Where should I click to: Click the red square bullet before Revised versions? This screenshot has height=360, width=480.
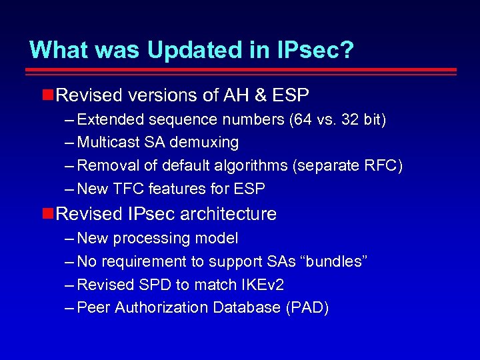47,95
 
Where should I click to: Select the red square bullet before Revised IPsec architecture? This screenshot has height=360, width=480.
47,213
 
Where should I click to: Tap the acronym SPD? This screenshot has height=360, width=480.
154,285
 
